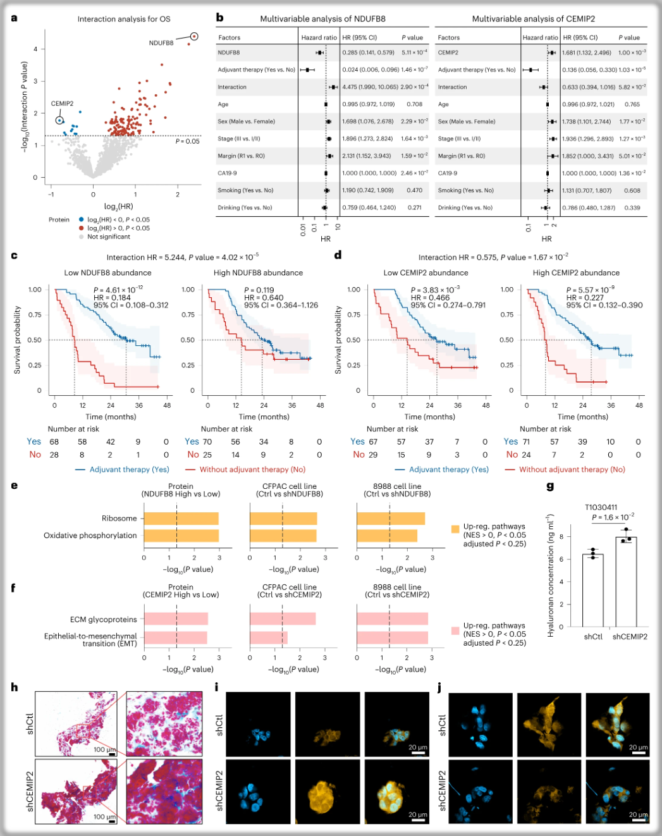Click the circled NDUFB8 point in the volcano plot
coord(194,37)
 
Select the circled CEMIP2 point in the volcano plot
coord(59,120)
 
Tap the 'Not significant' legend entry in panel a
coord(108,237)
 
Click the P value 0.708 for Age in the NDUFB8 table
coord(414,104)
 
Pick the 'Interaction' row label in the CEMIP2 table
coord(452,87)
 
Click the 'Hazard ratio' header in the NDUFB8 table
coord(319,38)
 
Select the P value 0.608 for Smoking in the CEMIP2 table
coord(632,190)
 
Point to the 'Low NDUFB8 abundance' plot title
coord(107,273)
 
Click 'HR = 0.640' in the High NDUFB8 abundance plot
coord(264,298)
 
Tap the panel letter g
coord(550,486)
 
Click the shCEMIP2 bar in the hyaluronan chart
coord(626,582)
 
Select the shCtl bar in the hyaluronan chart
coord(592,591)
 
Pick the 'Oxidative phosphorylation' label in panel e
coord(90,536)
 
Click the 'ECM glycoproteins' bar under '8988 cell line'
coord(392,619)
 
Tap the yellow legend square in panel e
coord(455,529)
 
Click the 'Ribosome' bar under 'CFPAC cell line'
coord(283,519)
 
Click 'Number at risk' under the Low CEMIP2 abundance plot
coord(392,429)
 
